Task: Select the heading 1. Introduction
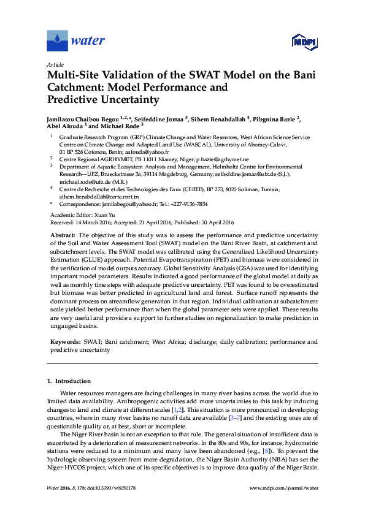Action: coord(69,381)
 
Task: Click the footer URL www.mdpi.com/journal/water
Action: coord(285,488)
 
